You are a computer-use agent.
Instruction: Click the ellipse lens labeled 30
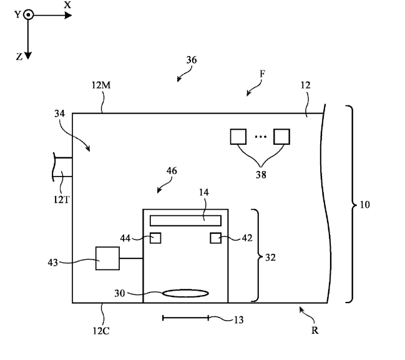pyautogui.click(x=185, y=292)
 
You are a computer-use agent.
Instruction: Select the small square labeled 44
pyautogui.click(x=155, y=238)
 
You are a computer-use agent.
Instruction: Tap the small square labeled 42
pyautogui.click(x=215, y=238)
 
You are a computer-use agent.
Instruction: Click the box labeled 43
pyautogui.click(x=107, y=258)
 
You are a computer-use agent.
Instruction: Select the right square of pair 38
pyautogui.click(x=283, y=136)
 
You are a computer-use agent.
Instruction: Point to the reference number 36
pyautogui.click(x=192, y=61)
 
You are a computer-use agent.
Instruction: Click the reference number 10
pyautogui.click(x=364, y=204)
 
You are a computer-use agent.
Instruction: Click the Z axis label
pyautogui.click(x=19, y=56)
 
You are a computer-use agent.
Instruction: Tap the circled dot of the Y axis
pyautogui.click(x=28, y=14)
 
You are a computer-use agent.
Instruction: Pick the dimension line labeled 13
pyautogui.click(x=185, y=318)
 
